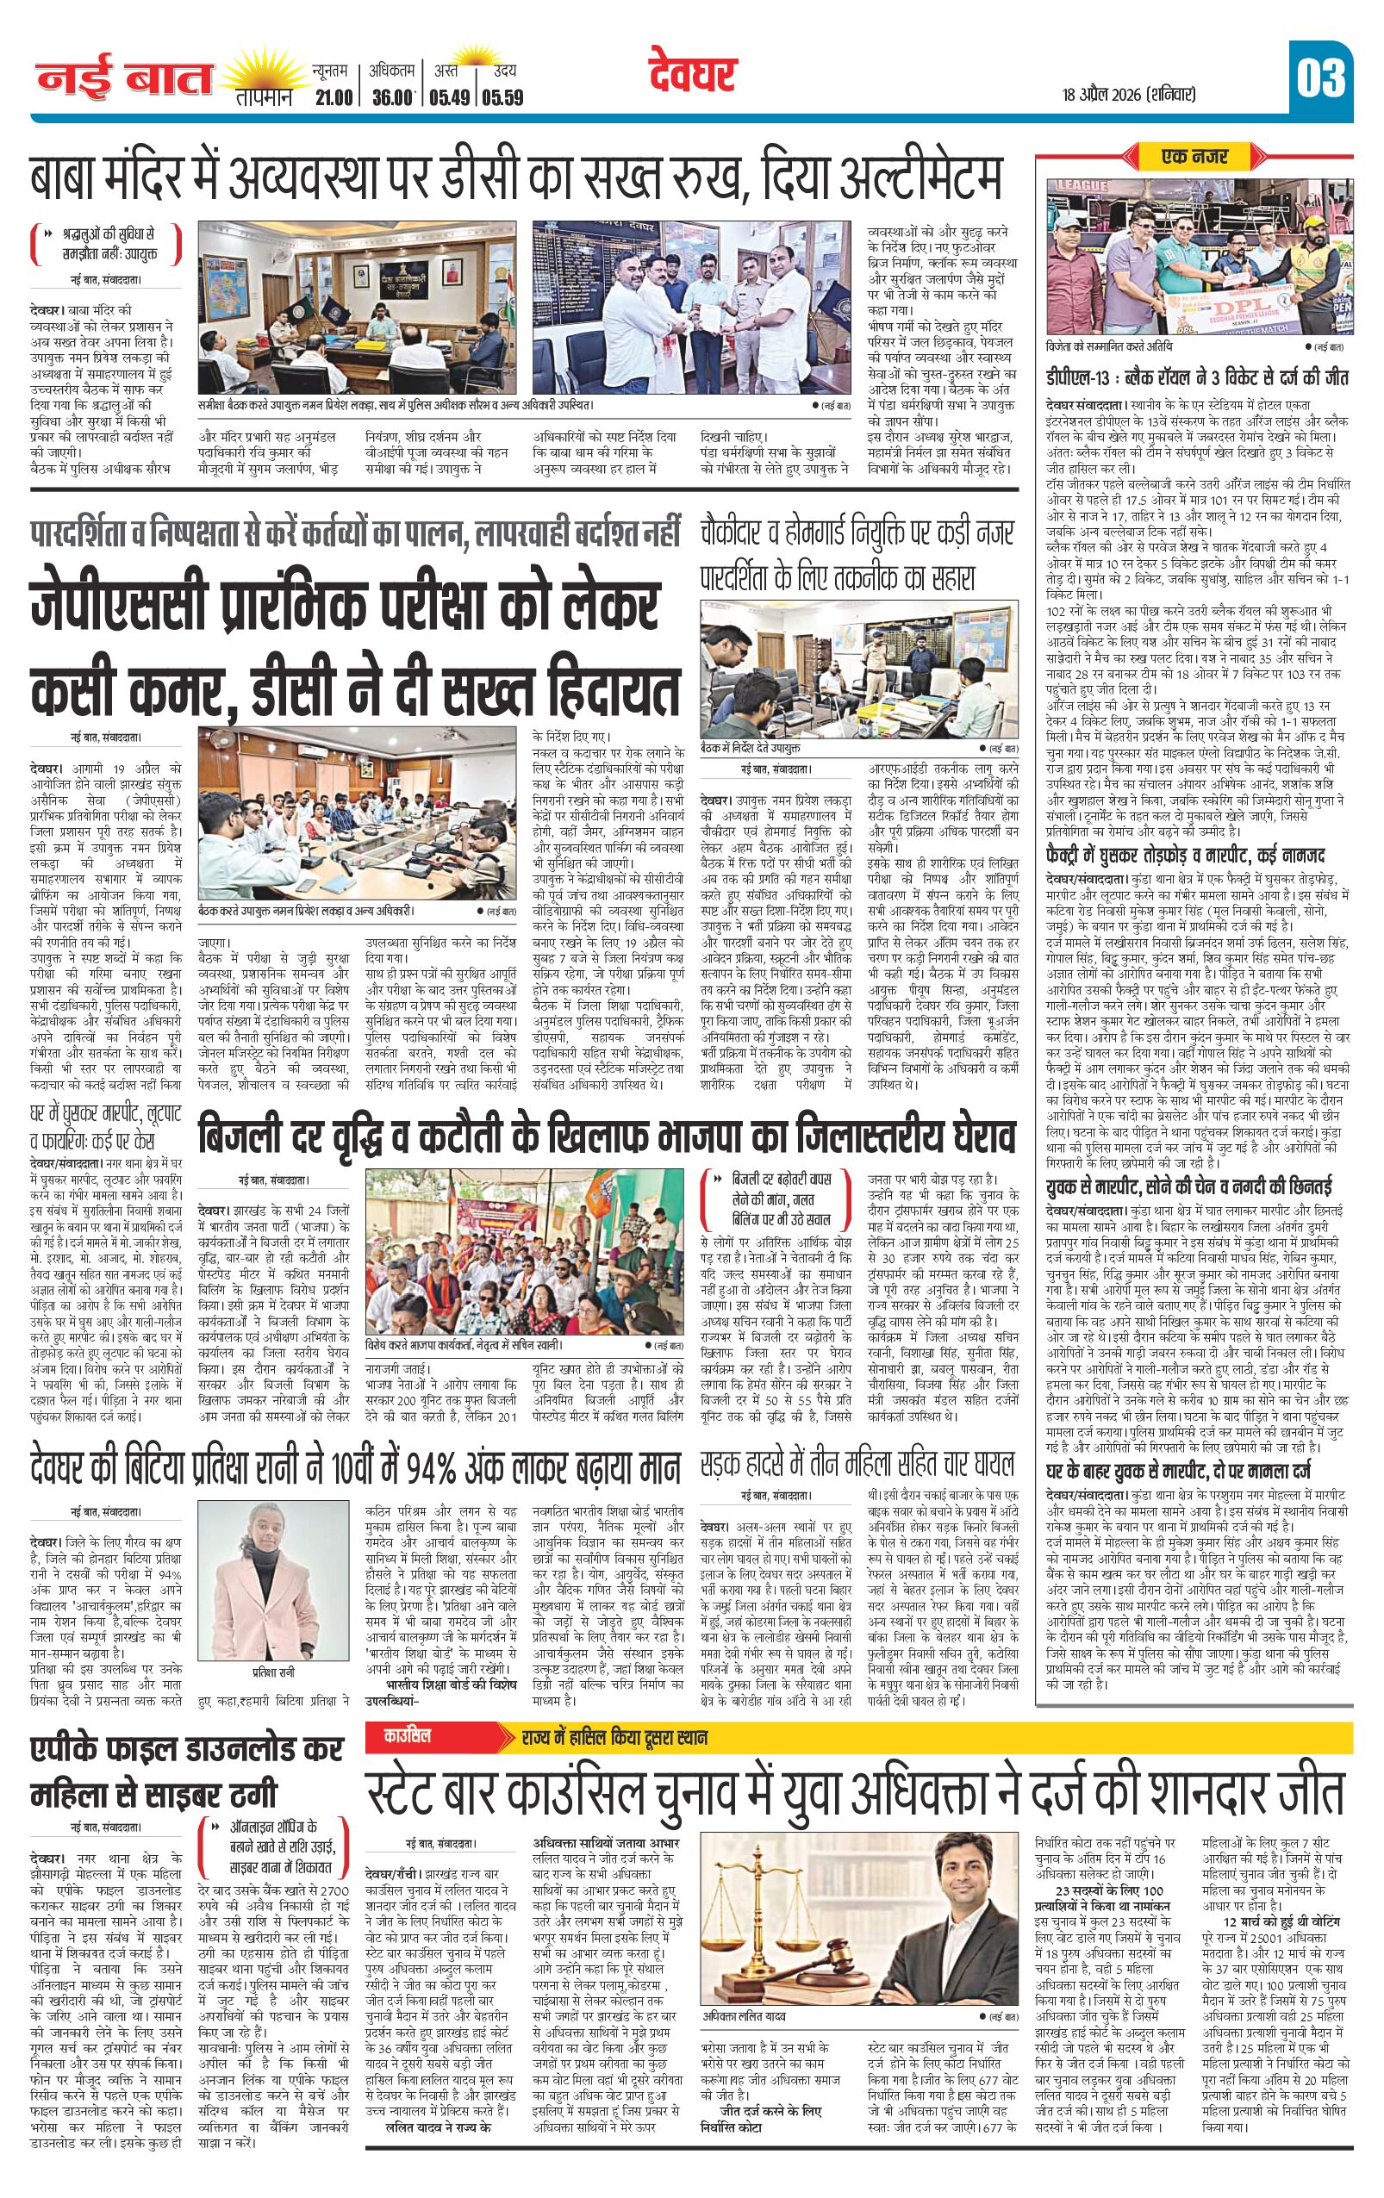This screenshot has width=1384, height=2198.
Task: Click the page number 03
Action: [1319, 79]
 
